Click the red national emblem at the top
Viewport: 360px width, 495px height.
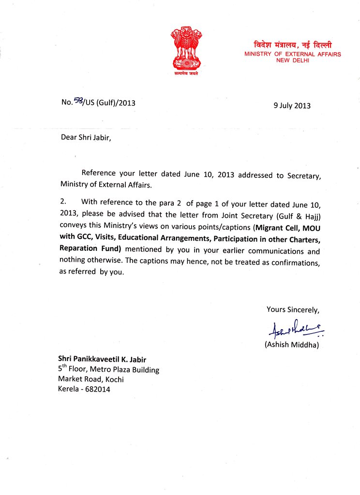[186, 50]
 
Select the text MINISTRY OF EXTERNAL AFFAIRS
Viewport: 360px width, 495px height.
[292, 54]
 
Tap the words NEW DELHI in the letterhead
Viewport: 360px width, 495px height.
[292, 60]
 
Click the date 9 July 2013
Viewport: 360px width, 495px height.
[292, 105]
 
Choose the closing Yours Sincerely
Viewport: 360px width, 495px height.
[293, 309]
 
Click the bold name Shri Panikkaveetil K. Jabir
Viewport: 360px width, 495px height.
[102, 359]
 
